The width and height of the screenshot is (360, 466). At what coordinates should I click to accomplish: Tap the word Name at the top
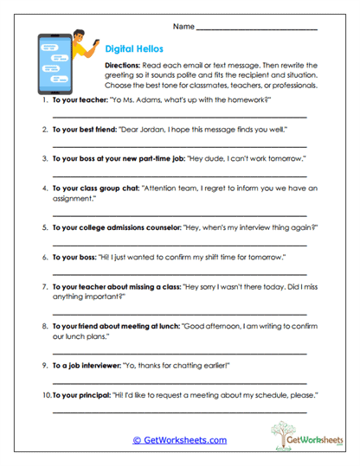coord(183,28)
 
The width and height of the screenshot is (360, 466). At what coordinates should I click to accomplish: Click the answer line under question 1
coord(179,116)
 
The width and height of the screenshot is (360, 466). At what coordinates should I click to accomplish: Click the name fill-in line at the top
coord(256,29)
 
